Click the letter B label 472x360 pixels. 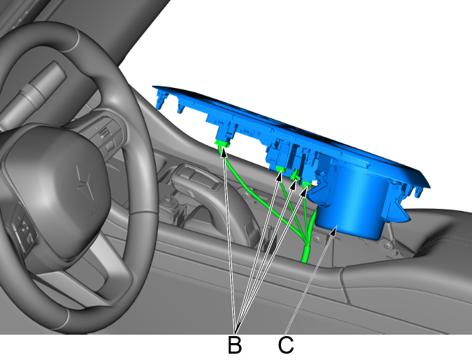coord(235,345)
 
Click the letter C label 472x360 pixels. coord(286,345)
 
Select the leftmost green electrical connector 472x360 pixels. coord(222,144)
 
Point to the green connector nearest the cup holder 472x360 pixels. coord(306,184)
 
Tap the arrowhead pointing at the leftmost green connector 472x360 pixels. coord(223,152)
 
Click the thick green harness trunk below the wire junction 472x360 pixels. coord(306,255)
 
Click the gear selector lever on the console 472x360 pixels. coord(197,179)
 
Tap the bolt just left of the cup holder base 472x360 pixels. coord(316,239)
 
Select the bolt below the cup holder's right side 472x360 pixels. coord(388,246)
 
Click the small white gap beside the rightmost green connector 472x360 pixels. coord(315,182)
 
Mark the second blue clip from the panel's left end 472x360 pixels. coord(181,108)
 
